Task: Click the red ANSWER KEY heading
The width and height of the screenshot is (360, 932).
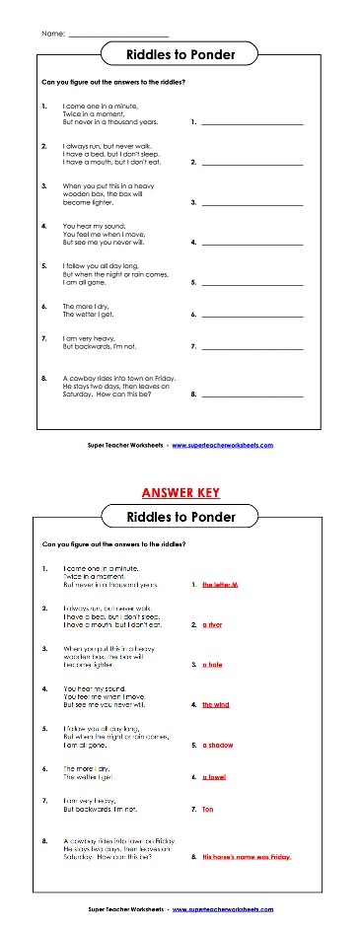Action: [180, 492]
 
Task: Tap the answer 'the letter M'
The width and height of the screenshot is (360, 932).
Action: [221, 584]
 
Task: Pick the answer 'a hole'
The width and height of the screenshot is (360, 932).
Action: [213, 664]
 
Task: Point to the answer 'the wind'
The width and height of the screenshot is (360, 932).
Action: [215, 704]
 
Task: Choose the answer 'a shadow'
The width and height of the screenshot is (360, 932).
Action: [217, 746]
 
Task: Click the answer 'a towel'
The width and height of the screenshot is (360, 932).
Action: [214, 777]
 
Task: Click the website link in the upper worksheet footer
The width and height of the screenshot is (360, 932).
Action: [222, 445]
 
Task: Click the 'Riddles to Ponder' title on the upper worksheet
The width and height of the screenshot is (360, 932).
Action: [181, 55]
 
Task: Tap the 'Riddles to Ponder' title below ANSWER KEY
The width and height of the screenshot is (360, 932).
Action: [181, 516]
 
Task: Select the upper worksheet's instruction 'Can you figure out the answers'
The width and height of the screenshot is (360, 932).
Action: [114, 82]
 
